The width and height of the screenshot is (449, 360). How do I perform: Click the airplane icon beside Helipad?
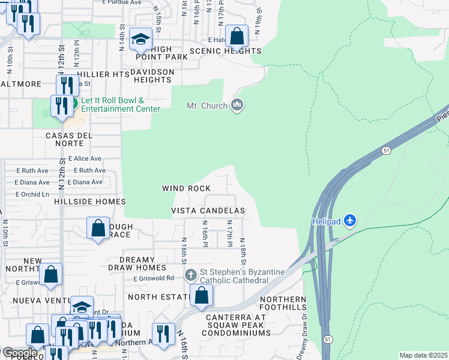pyautogui.click(x=351, y=221)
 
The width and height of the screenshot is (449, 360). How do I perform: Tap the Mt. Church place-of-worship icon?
pyautogui.click(x=238, y=106)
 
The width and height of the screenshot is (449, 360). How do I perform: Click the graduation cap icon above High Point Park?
pyautogui.click(x=141, y=40)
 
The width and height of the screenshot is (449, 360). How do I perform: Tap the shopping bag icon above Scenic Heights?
pyautogui.click(x=238, y=36)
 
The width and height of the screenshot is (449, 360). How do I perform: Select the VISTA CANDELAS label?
pyautogui.click(x=208, y=211)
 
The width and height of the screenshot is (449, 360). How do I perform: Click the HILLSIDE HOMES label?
pyautogui.click(x=89, y=202)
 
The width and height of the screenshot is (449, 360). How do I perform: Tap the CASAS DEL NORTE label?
pyautogui.click(x=69, y=136)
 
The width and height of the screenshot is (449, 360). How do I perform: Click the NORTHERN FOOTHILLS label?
pyautogui.click(x=283, y=304)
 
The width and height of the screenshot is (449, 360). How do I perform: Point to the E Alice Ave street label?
pyautogui.click(x=85, y=159)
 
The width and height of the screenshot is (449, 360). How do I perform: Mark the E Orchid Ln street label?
pyautogui.click(x=32, y=194)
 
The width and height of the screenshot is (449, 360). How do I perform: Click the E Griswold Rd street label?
pyautogui.click(x=154, y=278)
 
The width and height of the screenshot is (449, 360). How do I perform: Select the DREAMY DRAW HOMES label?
pyautogui.click(x=137, y=268)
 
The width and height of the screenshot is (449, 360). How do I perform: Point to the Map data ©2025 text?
pyautogui.click(x=423, y=355)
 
